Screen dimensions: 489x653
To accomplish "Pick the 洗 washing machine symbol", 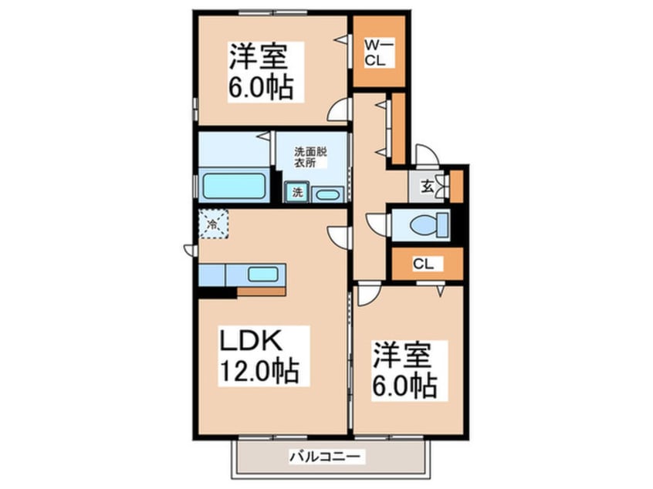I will (297, 191).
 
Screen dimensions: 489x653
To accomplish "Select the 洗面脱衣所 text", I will (310, 157).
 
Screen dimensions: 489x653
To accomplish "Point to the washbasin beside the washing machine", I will (328, 193).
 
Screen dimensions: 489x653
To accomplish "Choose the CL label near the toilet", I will (423, 265).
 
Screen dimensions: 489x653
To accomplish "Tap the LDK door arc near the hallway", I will (337, 235).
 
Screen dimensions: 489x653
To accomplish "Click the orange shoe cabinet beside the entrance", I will (456, 185).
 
